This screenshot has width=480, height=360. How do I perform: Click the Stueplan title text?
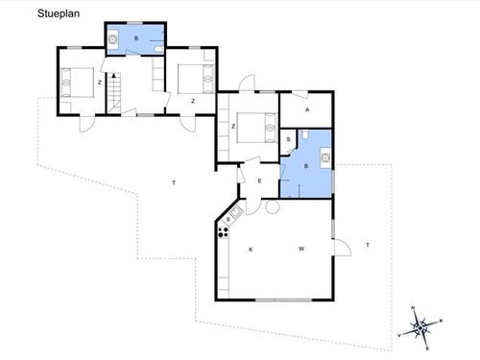tap(59, 13)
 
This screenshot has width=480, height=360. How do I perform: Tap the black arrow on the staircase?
tap(113, 76)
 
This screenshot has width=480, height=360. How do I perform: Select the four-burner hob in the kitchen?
tap(224, 232)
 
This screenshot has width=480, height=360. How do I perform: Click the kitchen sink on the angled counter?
tap(236, 212)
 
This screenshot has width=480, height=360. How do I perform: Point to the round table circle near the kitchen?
tap(273, 206)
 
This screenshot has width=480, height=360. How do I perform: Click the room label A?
tap(307, 109)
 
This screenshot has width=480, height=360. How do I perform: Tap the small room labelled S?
tap(288, 139)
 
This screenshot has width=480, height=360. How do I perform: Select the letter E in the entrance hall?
tap(259, 181)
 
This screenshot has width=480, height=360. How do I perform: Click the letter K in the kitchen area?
tap(251, 250)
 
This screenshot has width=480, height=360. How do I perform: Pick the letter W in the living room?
tap(301, 249)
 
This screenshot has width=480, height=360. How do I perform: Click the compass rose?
tap(420, 327)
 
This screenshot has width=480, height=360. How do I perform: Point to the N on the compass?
tap(413, 308)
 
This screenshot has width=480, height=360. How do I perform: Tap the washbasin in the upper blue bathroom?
tap(112, 39)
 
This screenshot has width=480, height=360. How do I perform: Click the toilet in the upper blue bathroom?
tap(159, 49)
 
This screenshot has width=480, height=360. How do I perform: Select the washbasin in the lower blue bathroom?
tap(325, 157)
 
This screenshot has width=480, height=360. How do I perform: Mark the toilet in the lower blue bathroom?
tap(305, 134)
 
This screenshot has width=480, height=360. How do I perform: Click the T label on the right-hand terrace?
tap(368, 245)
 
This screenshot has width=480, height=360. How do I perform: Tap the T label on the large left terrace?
tap(174, 182)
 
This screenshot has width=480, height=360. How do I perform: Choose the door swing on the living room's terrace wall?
tap(343, 248)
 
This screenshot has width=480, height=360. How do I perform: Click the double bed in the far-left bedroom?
tap(77, 83)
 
